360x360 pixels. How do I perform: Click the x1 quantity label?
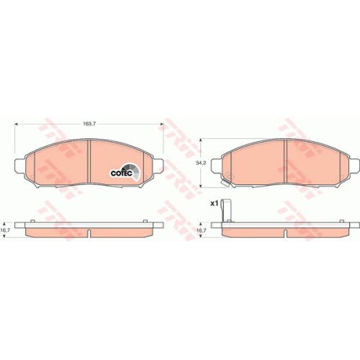tap(214, 204)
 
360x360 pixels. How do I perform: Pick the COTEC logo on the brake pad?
tap(120, 171)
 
